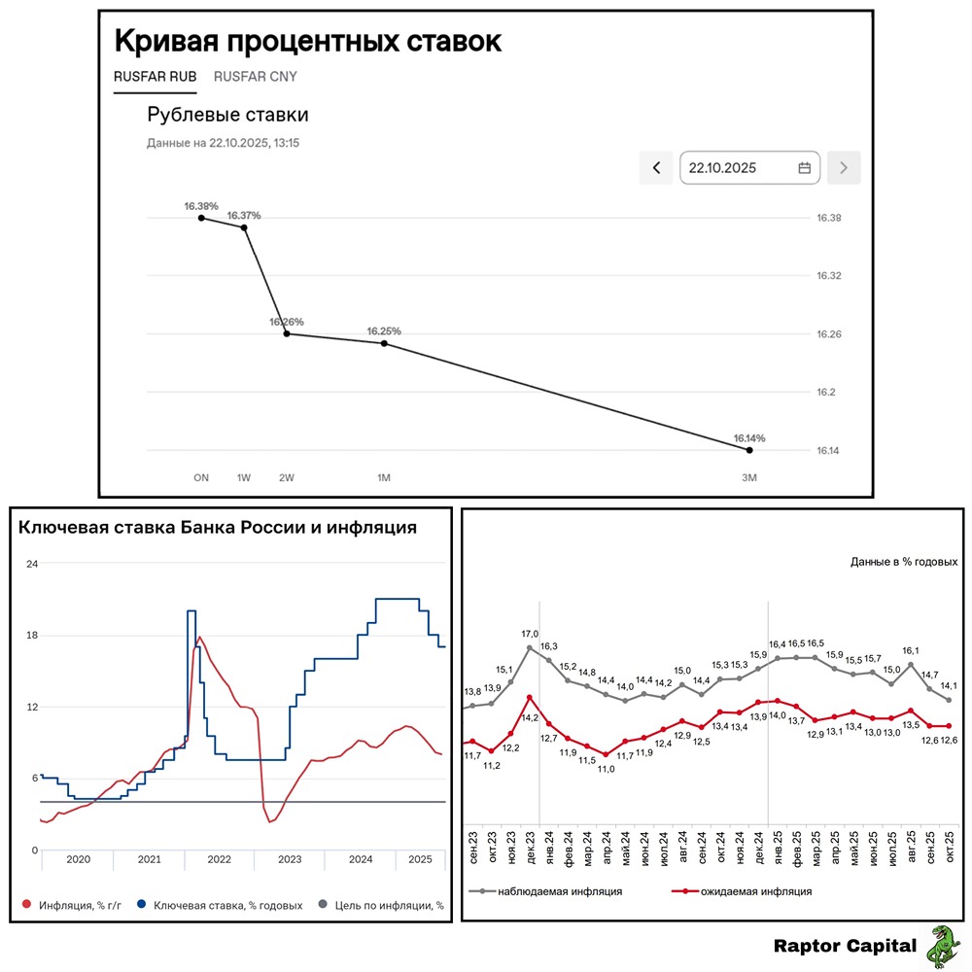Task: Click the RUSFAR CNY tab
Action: pyautogui.click(x=256, y=77)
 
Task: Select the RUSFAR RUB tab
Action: pyautogui.click(x=156, y=77)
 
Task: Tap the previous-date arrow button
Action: pyautogui.click(x=656, y=168)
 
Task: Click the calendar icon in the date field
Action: pyautogui.click(x=804, y=168)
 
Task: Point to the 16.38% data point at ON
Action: pyautogui.click(x=201, y=218)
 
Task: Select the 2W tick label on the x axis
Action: pyautogui.click(x=286, y=478)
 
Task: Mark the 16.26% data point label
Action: pyautogui.click(x=287, y=322)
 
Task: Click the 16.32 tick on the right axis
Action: pyautogui.click(x=828, y=276)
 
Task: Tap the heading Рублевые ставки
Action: pyautogui.click(x=227, y=115)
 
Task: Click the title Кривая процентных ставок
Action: pyautogui.click(x=308, y=42)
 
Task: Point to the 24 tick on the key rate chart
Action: pyautogui.click(x=31, y=564)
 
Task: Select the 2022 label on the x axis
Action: pyautogui.click(x=219, y=859)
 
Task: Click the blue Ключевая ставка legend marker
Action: pyautogui.click(x=142, y=905)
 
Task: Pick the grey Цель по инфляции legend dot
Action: pyautogui.click(x=323, y=905)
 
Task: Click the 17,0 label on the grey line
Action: pyautogui.click(x=530, y=635)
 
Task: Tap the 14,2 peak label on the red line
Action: pyautogui.click(x=530, y=717)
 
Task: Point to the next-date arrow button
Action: pyautogui.click(x=843, y=168)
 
